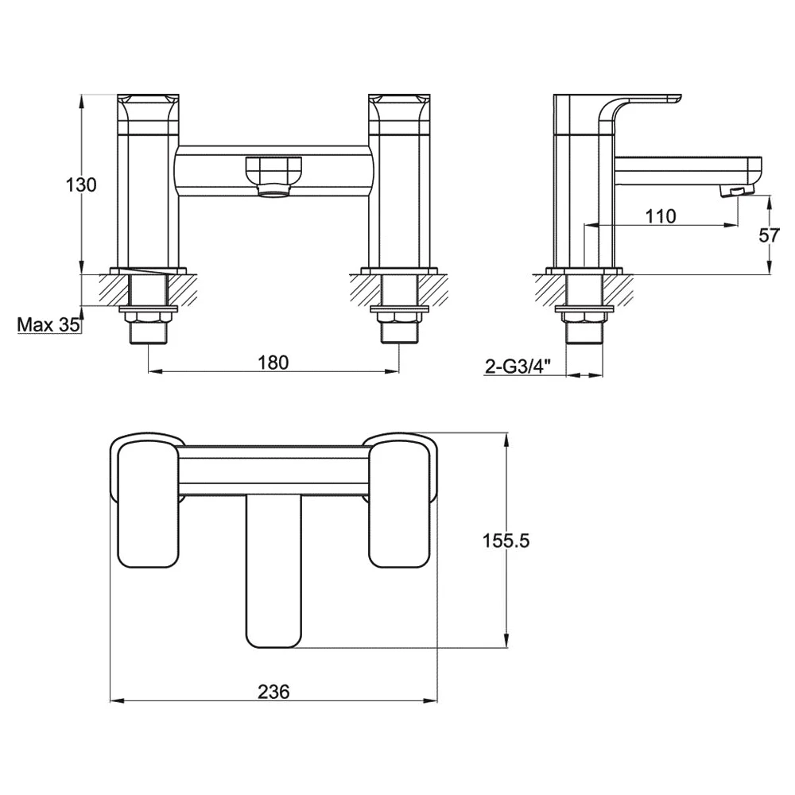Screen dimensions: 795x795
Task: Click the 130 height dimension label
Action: click(x=80, y=184)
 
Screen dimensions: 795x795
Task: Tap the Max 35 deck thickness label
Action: click(x=48, y=324)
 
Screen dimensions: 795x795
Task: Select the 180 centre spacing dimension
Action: click(x=273, y=363)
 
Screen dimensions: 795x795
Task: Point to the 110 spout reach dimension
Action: click(x=661, y=216)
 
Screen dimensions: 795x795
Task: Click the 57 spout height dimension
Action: click(x=769, y=235)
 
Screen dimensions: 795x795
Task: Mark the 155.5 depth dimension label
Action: click(x=506, y=541)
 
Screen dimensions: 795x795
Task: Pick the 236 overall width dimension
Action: click(x=273, y=692)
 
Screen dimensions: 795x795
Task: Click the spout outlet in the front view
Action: click(x=273, y=190)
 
